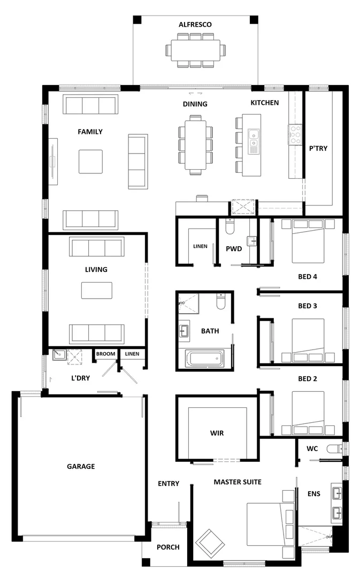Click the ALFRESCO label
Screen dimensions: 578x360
(x=195, y=25)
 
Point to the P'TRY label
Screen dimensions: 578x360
(x=318, y=148)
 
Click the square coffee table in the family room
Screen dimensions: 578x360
(x=90, y=161)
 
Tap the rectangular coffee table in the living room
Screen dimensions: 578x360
(x=96, y=290)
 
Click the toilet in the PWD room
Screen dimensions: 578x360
(x=230, y=227)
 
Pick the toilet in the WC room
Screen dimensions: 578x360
(x=335, y=448)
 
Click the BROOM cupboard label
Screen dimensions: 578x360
(x=105, y=354)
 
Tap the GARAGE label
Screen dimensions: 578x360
(x=81, y=466)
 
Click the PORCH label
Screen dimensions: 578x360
(x=168, y=547)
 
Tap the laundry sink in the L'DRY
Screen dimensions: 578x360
(x=59, y=354)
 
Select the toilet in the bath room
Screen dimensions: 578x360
(x=220, y=302)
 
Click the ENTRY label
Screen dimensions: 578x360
(x=168, y=483)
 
